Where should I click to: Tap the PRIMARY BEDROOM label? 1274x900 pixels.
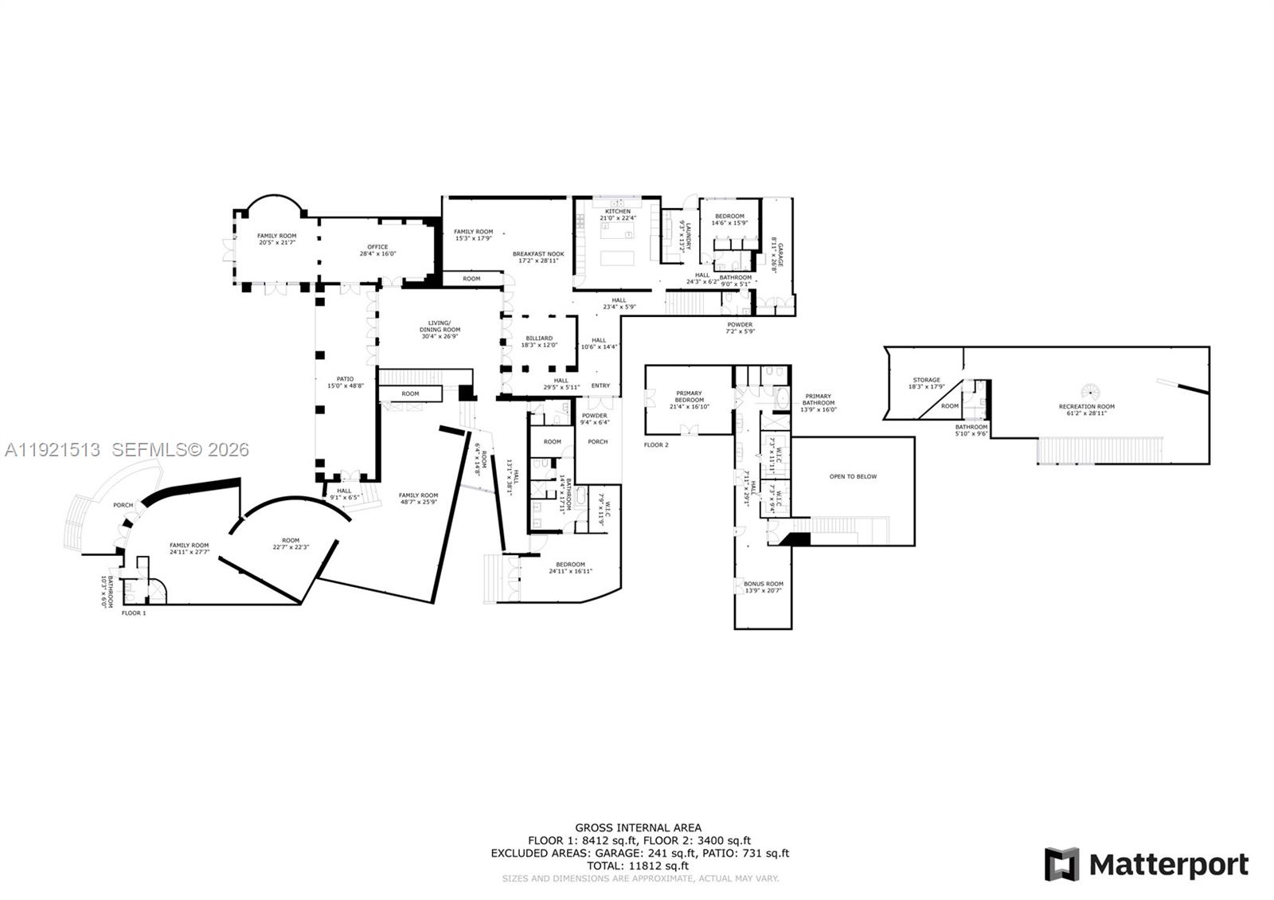(689, 397)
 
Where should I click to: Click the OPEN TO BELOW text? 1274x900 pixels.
(853, 476)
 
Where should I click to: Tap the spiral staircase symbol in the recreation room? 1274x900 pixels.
(1090, 392)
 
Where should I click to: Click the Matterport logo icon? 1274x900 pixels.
(1061, 864)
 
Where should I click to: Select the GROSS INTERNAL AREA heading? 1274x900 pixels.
(639, 828)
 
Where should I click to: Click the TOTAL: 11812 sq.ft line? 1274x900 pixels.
(639, 866)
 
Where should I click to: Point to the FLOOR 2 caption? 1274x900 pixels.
(656, 444)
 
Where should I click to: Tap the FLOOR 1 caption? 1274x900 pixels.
(134, 612)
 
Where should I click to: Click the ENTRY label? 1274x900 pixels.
(600, 385)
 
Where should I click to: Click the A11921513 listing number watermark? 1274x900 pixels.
(53, 450)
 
